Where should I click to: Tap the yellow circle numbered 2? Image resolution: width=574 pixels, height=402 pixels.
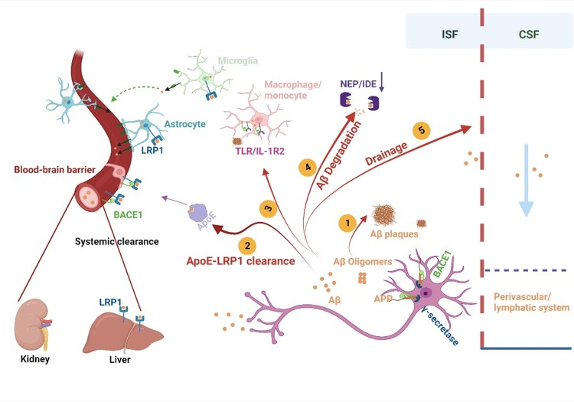[247, 245]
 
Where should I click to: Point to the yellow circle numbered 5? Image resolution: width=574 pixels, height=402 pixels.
[420, 130]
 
